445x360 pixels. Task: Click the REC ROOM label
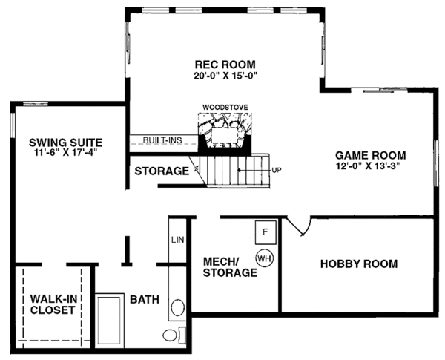[225, 64]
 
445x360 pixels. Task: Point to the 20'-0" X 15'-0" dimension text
[225, 76]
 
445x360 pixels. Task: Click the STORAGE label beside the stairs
[161, 171]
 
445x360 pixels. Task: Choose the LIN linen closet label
[177, 240]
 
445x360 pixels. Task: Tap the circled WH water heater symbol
[263, 258]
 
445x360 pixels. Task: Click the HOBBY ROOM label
[358, 264]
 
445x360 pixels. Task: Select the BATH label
[145, 300]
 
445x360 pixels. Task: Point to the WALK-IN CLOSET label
[52, 305]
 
